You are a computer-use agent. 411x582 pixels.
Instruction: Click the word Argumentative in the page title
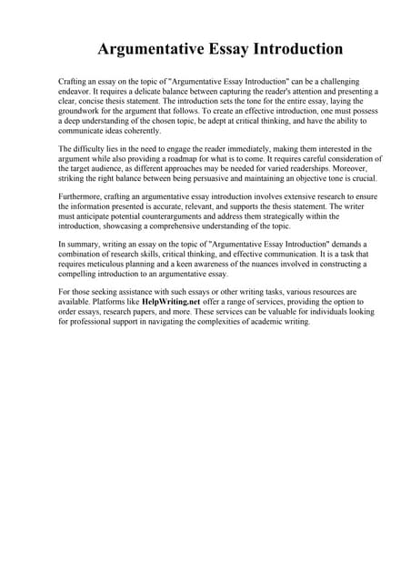tap(146, 48)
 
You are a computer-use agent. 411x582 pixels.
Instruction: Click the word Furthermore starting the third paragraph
tap(83, 196)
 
